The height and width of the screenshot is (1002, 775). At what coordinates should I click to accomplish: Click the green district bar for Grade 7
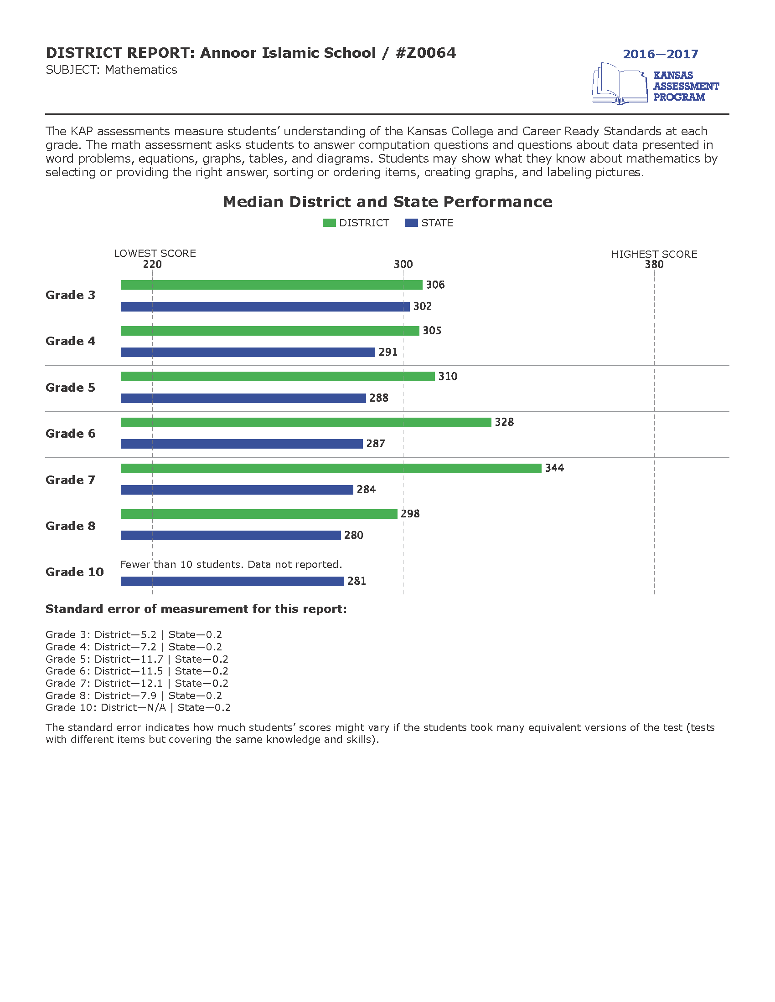331,468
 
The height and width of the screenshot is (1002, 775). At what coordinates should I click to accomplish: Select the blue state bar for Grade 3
265,307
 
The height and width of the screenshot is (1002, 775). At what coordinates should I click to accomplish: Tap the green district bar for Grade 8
259,514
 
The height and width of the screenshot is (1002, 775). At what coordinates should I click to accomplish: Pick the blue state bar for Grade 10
232,581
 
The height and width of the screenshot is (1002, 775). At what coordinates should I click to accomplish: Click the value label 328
504,422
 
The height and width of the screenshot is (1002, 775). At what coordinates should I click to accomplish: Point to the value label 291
388,352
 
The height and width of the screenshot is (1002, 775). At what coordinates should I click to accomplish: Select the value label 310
448,376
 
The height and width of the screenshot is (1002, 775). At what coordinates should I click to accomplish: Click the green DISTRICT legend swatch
329,223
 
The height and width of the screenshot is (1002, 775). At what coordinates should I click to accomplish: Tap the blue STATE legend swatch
411,223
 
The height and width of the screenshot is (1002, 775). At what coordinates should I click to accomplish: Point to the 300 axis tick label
403,264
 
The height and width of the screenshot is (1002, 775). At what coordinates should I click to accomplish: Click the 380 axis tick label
654,264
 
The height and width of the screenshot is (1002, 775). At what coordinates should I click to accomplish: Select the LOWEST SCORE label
155,253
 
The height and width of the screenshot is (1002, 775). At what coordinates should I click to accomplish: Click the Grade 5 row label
70,388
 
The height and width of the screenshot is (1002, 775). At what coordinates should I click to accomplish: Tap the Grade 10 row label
74,572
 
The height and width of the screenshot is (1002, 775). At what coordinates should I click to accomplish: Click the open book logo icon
620,84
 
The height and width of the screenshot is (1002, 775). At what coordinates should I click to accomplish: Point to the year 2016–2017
660,54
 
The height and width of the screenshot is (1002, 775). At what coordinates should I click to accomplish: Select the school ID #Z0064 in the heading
425,53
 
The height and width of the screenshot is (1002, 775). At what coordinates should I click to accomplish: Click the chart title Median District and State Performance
387,202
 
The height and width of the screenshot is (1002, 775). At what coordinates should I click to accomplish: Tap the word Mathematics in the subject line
141,70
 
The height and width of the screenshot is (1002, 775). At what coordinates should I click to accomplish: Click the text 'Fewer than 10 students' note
231,564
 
